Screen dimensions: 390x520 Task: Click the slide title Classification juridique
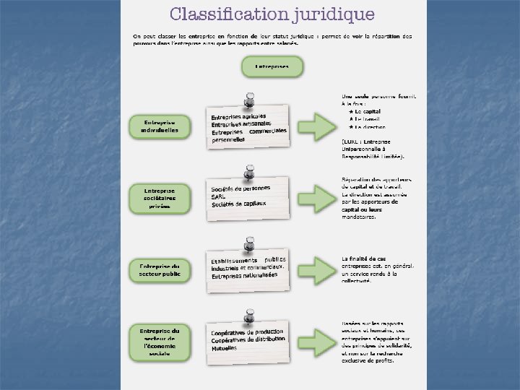pos(272,14)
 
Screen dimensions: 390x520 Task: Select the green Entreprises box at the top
pos(272,67)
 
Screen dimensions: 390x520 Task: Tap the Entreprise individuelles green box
pos(160,126)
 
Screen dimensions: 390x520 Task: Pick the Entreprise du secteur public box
pos(160,270)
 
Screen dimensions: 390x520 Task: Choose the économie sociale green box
pos(160,342)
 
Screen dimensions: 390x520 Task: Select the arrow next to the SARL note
pos(316,197)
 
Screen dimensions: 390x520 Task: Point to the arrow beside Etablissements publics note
pos(316,269)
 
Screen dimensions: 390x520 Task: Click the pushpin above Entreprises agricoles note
pos(250,98)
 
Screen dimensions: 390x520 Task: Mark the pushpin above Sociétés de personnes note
pos(250,172)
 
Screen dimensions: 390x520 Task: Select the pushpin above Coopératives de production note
pos(250,316)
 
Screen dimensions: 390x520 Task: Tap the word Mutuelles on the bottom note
pos(225,348)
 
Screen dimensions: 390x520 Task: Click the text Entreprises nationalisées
pos(244,276)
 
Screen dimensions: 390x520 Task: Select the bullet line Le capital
pos(368,112)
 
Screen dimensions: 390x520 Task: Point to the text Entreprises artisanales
pos(239,124)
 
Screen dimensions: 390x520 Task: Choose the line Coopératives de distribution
pos(248,340)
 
